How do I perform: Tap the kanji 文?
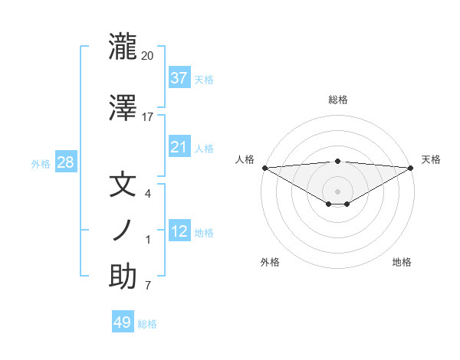(x=123, y=185)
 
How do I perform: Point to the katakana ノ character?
(x=123, y=231)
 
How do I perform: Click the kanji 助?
(x=123, y=277)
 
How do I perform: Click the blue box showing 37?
(x=179, y=77)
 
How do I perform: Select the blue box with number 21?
(x=179, y=147)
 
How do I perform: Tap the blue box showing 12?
(x=179, y=231)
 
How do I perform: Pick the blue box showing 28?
(x=65, y=162)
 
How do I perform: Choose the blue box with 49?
(x=123, y=322)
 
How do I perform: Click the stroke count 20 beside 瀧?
(x=148, y=56)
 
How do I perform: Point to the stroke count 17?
(x=148, y=117)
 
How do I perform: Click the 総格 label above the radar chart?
(x=337, y=100)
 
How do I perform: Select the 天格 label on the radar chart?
(x=431, y=159)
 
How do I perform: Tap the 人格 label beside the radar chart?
(x=245, y=159)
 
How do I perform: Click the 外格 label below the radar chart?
(x=270, y=262)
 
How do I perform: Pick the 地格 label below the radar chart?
(x=402, y=262)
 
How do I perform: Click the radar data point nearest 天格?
(x=410, y=167)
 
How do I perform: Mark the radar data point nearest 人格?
(x=264, y=167)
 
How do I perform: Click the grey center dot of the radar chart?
(x=337, y=191)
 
